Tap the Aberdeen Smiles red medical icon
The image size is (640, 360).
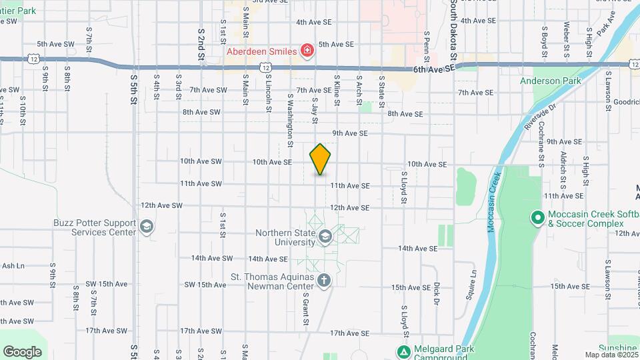click(307, 51)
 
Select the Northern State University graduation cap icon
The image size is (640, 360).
click(325, 237)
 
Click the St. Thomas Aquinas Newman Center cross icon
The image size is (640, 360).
click(324, 281)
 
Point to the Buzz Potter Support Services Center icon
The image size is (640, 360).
click(146, 227)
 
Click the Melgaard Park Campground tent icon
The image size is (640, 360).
click(403, 351)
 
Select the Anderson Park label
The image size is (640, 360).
click(551, 81)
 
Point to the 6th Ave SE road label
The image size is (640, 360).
click(433, 69)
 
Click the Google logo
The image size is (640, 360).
click(22, 351)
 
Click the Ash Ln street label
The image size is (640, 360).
click(13, 265)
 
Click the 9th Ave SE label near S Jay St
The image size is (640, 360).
click(350, 133)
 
